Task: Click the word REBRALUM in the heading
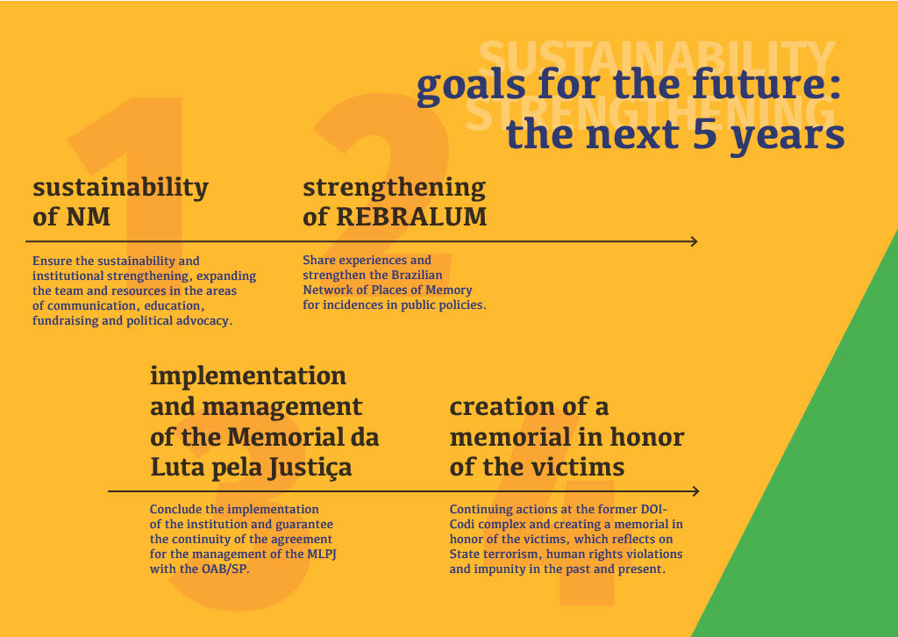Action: pyautogui.click(x=411, y=217)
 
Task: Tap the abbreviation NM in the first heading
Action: pyautogui.click(x=89, y=217)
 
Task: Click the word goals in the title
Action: pyautogui.click(x=471, y=86)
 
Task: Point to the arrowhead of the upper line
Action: pyautogui.click(x=694, y=241)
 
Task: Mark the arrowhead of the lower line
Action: pyautogui.click(x=695, y=491)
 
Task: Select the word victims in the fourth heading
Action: pyautogui.click(x=581, y=467)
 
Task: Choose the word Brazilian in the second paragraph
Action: pyautogui.click(x=417, y=275)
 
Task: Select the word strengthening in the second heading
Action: pyautogui.click(x=394, y=187)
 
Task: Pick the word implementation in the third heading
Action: pyautogui.click(x=248, y=376)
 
